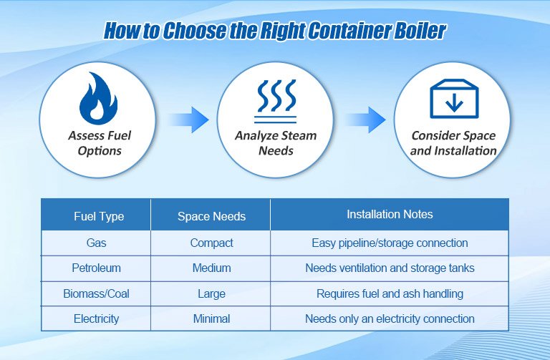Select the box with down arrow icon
[x=453, y=99]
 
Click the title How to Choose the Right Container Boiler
[x=275, y=31]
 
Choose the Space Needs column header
[x=211, y=216]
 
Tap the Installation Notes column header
[x=390, y=215]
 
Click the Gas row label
[x=96, y=243]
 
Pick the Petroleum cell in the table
[x=96, y=268]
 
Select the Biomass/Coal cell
[x=96, y=293]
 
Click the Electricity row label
[x=96, y=318]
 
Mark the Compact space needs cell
[x=211, y=243]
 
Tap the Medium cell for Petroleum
[x=211, y=268]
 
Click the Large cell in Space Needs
[x=211, y=293]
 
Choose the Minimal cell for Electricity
[x=211, y=318]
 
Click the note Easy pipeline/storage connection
[x=390, y=243]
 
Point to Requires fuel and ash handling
[x=390, y=293]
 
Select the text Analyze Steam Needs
[x=275, y=142]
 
